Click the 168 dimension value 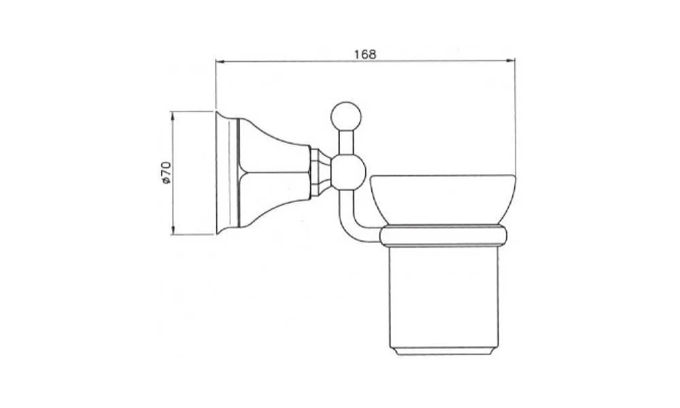(x=365, y=54)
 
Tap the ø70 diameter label (x=166, y=173)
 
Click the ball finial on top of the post (x=345, y=116)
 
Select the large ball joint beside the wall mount (x=348, y=173)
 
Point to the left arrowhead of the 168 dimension (x=220, y=62)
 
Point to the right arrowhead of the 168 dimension (x=511, y=61)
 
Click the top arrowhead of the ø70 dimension (x=173, y=116)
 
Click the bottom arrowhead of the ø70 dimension (x=173, y=231)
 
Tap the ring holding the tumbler (x=443, y=236)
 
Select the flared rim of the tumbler (x=443, y=199)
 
